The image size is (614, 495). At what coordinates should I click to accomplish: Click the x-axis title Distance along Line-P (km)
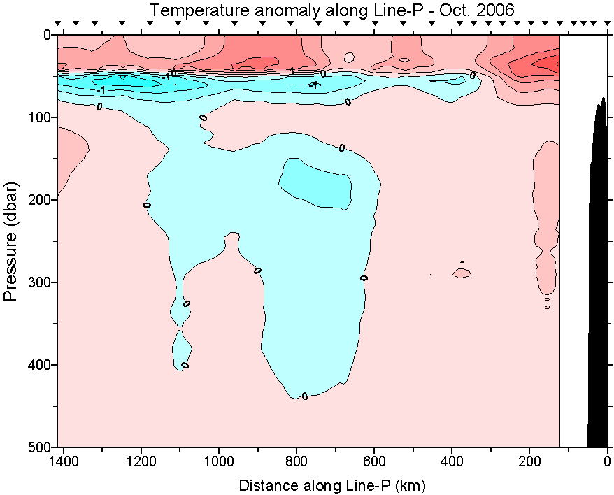(x=332, y=485)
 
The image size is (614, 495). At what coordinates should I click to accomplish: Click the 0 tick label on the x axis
(x=607, y=461)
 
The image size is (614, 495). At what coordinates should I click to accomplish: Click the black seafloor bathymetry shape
(x=599, y=280)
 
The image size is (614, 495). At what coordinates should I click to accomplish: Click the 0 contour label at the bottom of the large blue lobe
(x=304, y=396)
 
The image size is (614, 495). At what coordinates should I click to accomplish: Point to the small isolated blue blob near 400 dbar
(x=182, y=350)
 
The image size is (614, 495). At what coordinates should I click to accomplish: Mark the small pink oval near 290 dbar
(x=462, y=273)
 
